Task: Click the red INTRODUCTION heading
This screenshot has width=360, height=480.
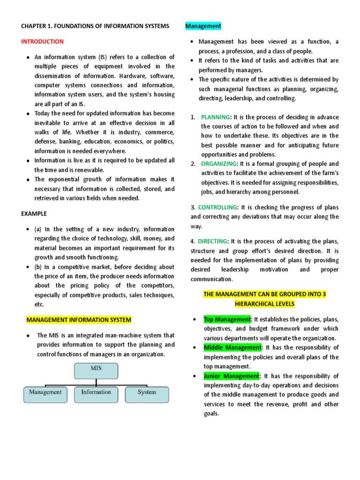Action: (x=42, y=42)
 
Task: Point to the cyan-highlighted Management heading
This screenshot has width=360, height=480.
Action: (x=203, y=26)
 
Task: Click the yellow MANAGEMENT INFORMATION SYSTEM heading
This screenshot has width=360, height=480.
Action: (x=78, y=320)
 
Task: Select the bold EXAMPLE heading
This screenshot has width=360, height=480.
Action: (x=34, y=214)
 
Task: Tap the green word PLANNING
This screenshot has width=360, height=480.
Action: (x=216, y=117)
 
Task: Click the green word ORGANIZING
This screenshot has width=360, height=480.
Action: (x=219, y=164)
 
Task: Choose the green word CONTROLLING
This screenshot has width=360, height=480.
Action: (x=217, y=207)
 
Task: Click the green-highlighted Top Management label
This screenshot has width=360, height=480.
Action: (x=227, y=320)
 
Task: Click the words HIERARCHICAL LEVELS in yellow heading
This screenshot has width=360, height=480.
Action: (x=264, y=304)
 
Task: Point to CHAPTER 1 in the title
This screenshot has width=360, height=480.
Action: (x=38, y=26)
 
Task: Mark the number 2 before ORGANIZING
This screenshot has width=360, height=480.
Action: (x=193, y=164)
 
